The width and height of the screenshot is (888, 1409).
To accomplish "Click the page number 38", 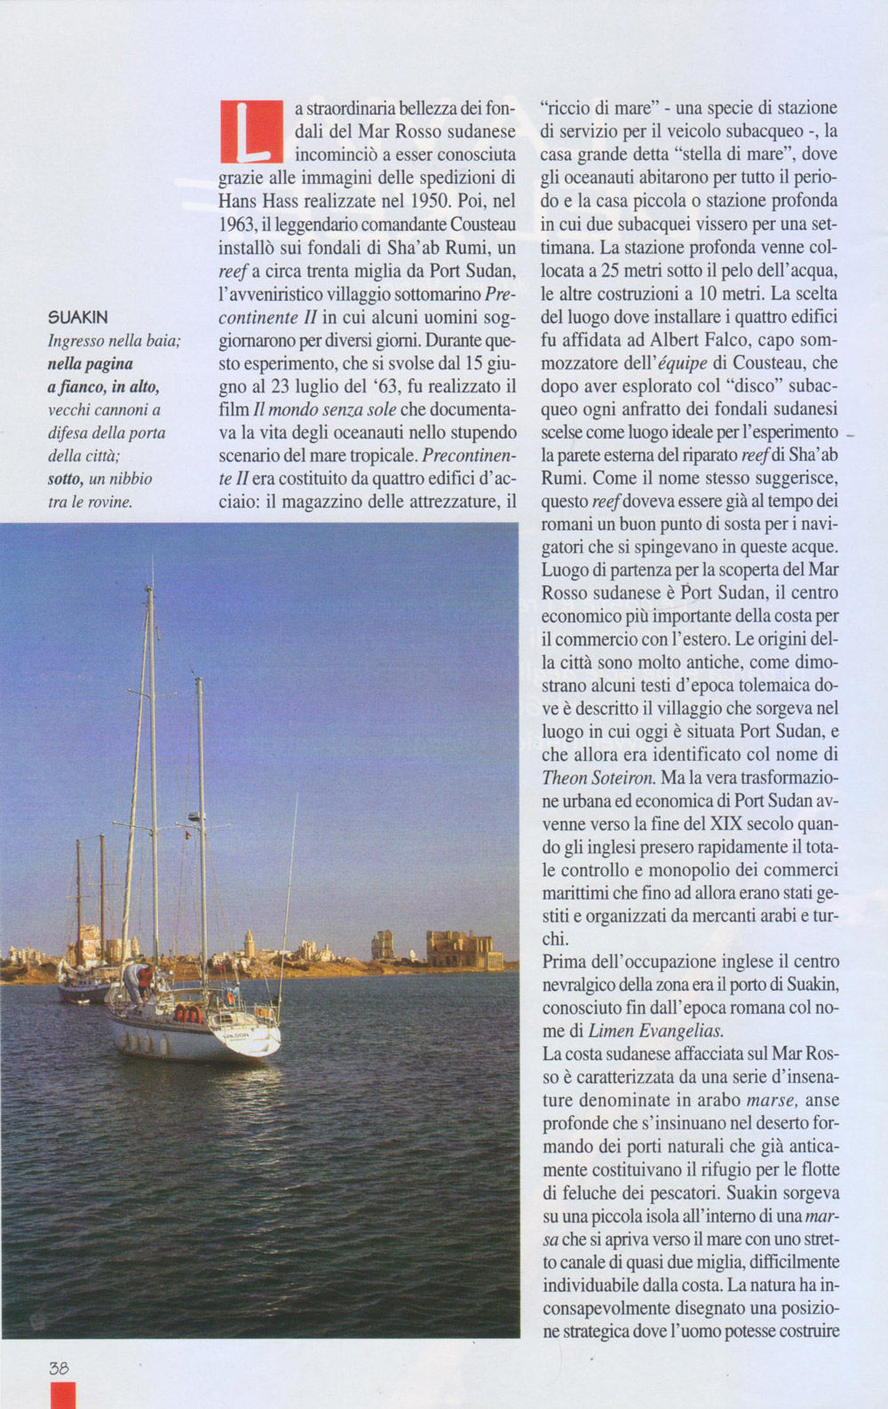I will coord(59,1368).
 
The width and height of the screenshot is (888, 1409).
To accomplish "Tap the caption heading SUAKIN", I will coord(78,317).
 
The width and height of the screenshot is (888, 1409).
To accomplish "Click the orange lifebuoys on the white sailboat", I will coord(187,1013).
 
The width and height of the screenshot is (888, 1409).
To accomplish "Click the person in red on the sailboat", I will coord(144,980).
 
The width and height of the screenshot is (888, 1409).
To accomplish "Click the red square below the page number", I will coord(63,1395).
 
